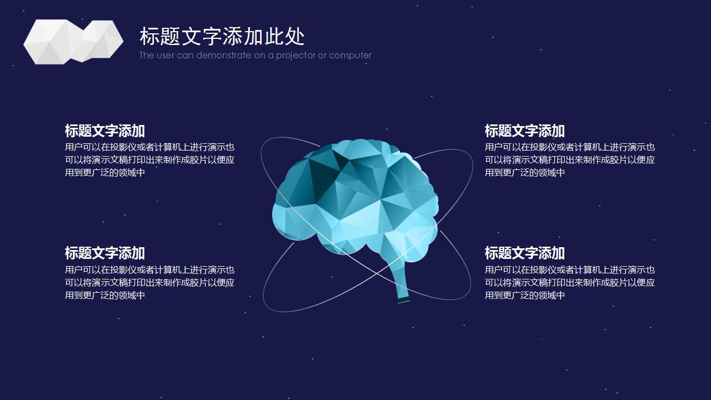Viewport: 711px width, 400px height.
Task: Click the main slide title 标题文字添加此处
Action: (222, 36)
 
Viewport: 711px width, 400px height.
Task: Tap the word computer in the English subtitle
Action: (350, 56)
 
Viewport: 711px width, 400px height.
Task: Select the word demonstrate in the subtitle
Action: (223, 55)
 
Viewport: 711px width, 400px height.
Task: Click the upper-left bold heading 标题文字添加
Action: (105, 131)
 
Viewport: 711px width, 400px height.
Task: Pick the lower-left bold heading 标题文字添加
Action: (105, 253)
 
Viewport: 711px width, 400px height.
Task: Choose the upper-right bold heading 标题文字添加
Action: (525, 131)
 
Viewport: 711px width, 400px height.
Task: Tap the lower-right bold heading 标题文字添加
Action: (525, 253)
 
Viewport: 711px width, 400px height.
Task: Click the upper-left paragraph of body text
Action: (149, 159)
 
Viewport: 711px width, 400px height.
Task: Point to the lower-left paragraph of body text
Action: (149, 283)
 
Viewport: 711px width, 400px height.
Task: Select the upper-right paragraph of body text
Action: (570, 159)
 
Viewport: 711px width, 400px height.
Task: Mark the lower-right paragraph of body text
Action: (570, 283)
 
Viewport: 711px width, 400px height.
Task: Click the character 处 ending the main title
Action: (295, 36)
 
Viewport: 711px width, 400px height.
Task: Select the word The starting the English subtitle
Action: (146, 55)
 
